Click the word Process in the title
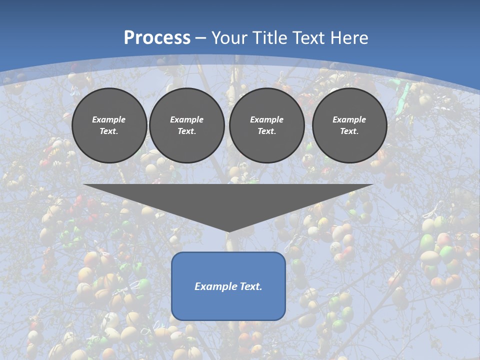pos(157,38)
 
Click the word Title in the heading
pos(269,38)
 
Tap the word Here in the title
pos(348,38)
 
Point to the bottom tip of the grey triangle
pos(228,231)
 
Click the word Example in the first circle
pos(109,119)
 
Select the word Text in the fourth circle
pos(349,131)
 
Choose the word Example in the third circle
pos(266,119)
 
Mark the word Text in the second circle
pos(186,131)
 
